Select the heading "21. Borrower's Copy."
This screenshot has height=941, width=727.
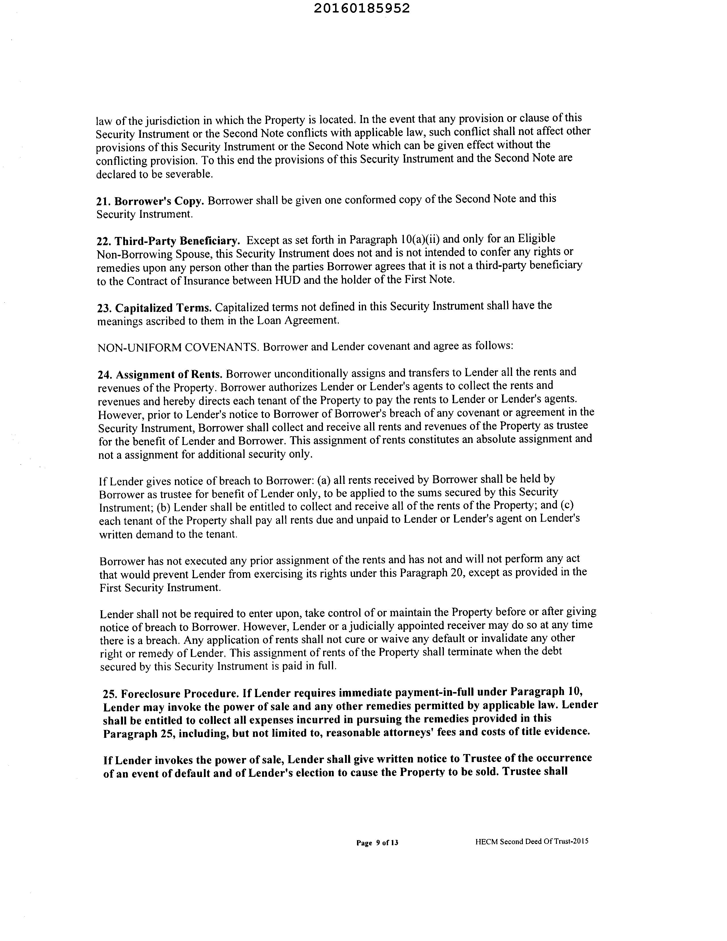(150, 201)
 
